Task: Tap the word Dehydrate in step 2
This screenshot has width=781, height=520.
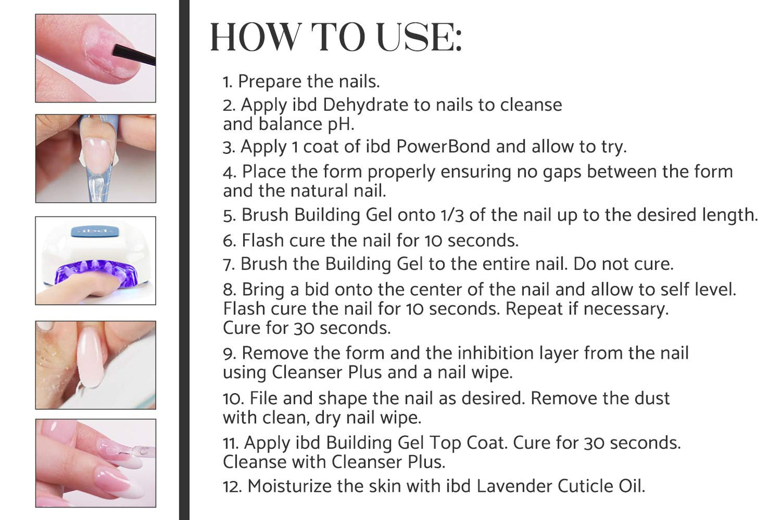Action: tap(366, 104)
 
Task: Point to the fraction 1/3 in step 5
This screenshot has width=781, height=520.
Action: tap(452, 215)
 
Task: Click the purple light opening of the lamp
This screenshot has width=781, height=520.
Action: tap(95, 272)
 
